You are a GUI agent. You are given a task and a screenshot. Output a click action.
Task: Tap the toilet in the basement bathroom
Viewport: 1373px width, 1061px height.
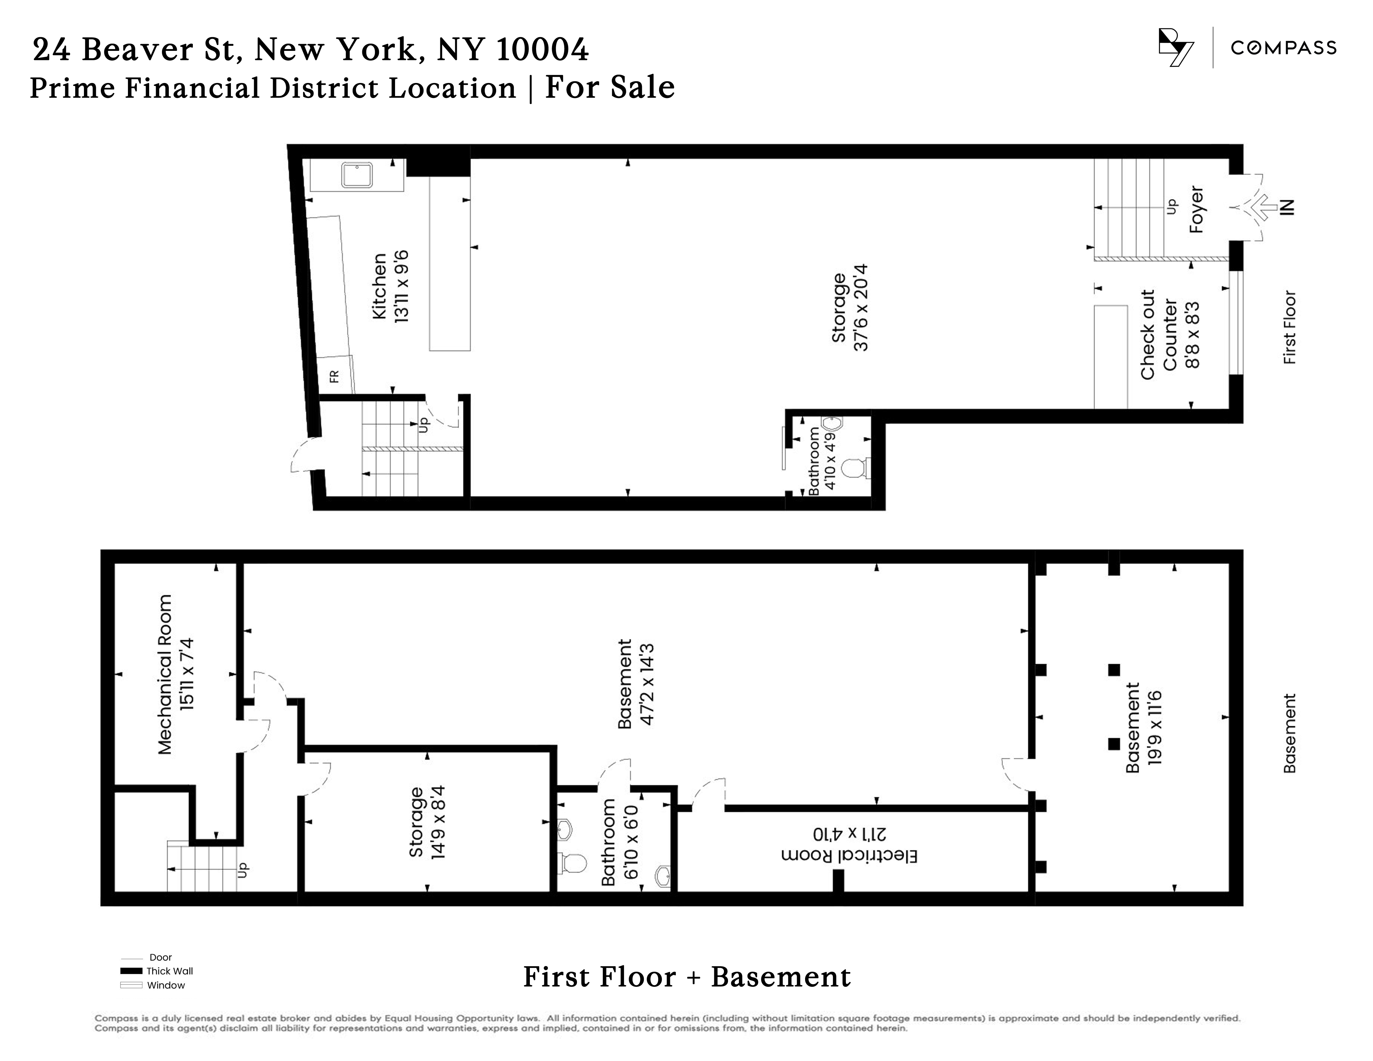(x=573, y=863)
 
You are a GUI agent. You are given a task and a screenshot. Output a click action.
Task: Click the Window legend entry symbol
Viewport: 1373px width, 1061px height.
(x=131, y=985)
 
